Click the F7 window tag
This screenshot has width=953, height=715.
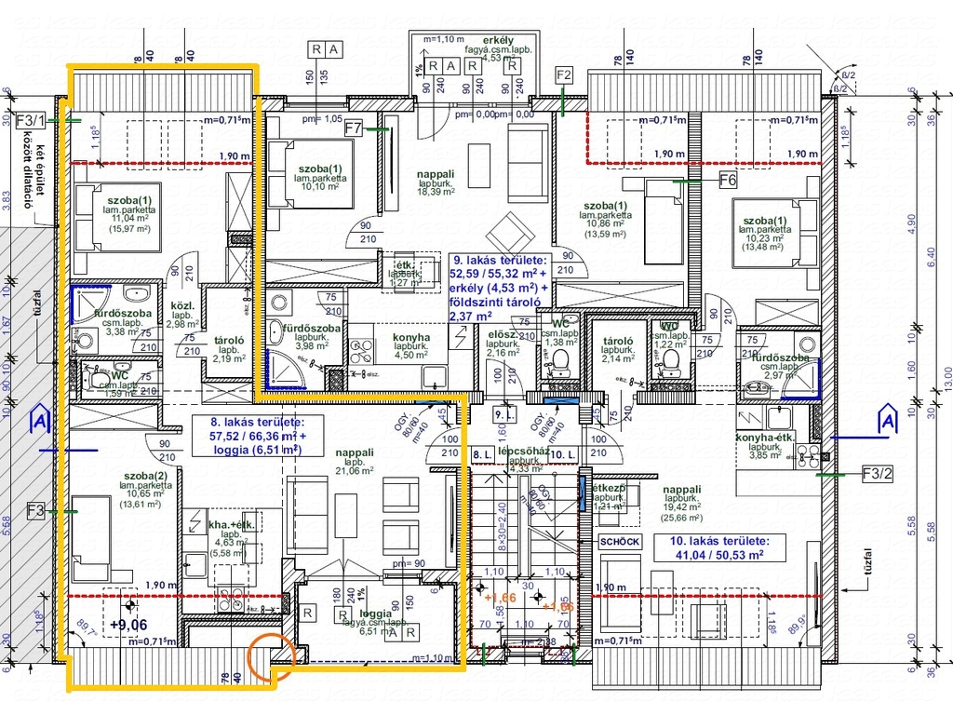pos(353,129)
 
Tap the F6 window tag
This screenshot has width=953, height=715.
pos(728,179)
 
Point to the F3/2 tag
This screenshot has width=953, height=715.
pos(877,474)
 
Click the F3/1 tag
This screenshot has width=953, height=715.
pos(30,120)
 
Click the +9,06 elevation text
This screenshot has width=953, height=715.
pos(128,625)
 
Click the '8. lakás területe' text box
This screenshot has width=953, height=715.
pos(256,436)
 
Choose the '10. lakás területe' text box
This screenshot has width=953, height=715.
pos(718,547)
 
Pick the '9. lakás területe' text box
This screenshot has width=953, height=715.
pos(499,289)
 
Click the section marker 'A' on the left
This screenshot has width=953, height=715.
pos(39,421)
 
